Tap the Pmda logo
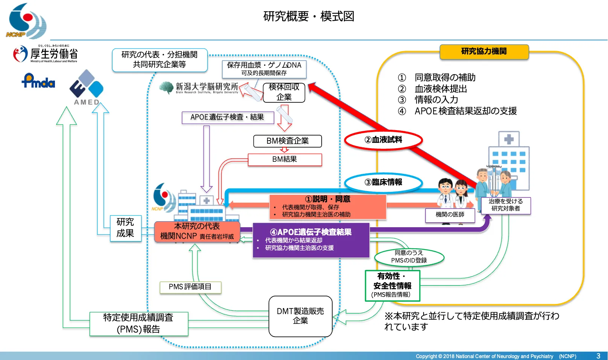pos(38,81)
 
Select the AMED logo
pos(87,88)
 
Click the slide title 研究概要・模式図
pos(309,16)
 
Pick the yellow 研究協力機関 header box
pos(484,52)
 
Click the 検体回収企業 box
pos(284,92)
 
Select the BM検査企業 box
pos(287,141)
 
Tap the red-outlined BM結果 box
pos(285,159)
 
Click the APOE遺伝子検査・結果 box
pos(227,117)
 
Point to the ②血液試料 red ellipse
pos(383,140)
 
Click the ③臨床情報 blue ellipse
pos(383,182)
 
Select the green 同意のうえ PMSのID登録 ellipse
pos(409,257)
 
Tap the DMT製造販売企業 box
pos(300,316)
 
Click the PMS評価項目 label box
pos(190,287)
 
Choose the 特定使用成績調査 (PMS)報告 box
pos(138,324)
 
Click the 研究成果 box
pos(125,228)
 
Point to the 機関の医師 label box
pos(450,215)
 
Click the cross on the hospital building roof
pos(509,139)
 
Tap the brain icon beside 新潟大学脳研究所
pos(166,88)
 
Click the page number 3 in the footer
pos(598,356)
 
